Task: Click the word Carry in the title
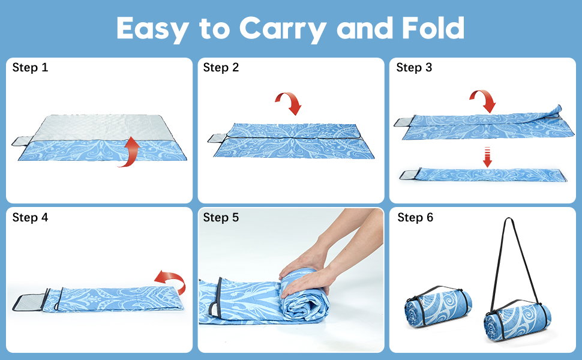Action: point(283,29)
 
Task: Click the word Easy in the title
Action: point(152,29)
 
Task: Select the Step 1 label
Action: point(30,68)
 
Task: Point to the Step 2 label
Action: point(221,68)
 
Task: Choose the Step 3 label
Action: point(414,68)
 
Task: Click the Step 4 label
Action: point(30,217)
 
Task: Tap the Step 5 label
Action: point(221,217)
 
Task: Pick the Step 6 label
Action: point(415,217)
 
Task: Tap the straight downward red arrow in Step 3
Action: point(487,157)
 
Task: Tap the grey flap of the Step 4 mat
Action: point(29,302)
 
